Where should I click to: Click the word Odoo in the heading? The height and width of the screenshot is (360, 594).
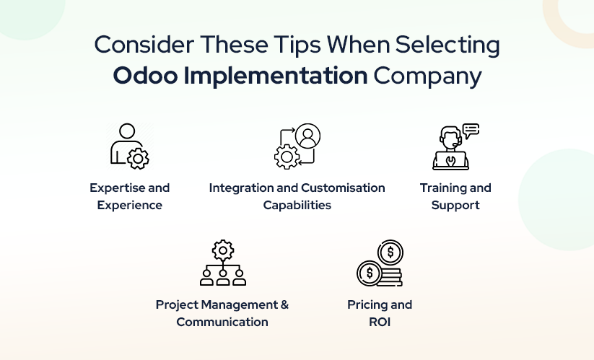point(146,75)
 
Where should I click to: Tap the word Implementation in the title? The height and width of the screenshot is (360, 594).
point(276,76)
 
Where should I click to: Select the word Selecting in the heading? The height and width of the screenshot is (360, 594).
point(447,45)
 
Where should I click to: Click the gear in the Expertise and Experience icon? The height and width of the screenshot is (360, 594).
point(138,159)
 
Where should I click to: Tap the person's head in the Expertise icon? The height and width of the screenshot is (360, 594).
point(127,131)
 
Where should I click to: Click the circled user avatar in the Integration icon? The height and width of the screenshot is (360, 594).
point(307,136)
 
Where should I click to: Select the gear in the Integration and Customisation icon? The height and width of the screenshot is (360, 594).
point(287,157)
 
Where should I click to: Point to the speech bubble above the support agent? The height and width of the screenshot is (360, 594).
point(471,131)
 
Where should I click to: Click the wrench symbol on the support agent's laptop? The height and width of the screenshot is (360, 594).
point(450,161)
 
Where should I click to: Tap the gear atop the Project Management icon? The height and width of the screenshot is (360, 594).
point(223,250)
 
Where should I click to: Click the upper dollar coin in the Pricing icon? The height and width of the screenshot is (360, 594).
point(390,252)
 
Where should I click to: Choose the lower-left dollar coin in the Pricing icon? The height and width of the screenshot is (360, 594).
point(370,273)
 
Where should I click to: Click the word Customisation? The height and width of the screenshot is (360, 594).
point(344,188)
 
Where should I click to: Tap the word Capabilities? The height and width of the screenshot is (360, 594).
point(297,205)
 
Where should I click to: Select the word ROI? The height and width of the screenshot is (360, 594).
point(380,322)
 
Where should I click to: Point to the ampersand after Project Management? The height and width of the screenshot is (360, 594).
point(284,304)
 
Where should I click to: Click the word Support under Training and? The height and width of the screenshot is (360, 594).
point(455,206)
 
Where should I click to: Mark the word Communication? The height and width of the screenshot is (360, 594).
point(222,322)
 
